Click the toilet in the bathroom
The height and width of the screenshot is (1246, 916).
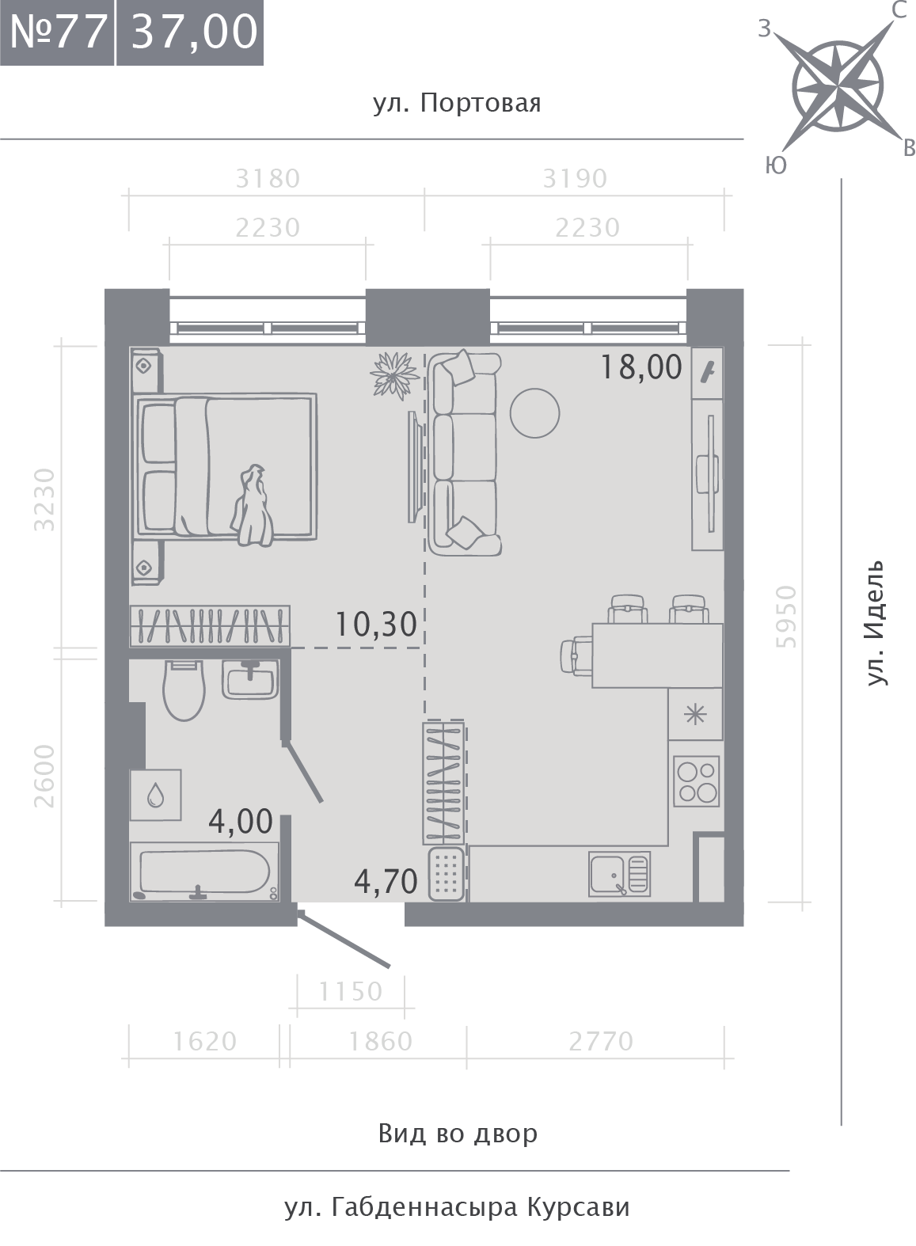tap(184, 689)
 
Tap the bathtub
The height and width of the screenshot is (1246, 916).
tap(205, 872)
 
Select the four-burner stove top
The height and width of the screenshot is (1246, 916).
tap(697, 781)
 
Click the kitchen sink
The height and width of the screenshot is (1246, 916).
tap(620, 874)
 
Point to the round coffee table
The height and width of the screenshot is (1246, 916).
tap(534, 412)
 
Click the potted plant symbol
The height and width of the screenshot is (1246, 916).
tap(394, 375)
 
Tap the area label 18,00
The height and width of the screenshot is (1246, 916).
tap(641, 367)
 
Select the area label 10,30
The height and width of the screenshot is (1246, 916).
tap(376, 624)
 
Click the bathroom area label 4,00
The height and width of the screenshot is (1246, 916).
tap(241, 821)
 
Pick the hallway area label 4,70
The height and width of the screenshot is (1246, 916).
tap(386, 881)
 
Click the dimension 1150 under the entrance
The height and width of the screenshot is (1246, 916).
tap(351, 991)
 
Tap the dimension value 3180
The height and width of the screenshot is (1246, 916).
tap(268, 179)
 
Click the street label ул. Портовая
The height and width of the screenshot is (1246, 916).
tap(457, 104)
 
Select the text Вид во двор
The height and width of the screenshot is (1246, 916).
tap(458, 1133)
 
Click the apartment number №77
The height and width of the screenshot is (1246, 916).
tap(58, 32)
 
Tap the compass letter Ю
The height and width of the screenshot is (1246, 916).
tap(775, 165)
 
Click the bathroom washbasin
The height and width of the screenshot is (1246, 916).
tap(250, 678)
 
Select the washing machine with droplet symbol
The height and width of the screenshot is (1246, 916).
tap(156, 795)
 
